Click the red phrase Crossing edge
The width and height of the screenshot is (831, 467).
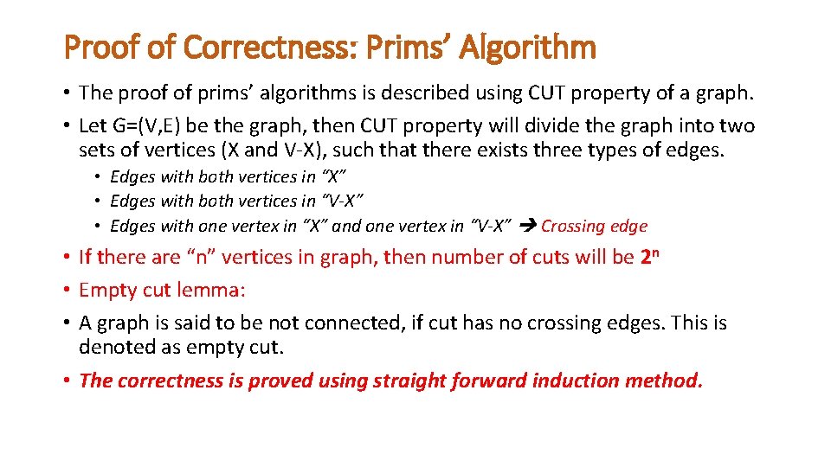594,227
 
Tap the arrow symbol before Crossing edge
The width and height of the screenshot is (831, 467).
528,227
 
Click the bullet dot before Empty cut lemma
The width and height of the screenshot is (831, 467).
67,291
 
